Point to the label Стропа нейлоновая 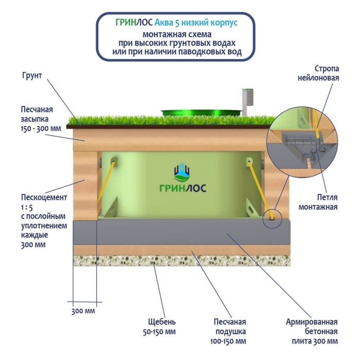pyautogui.click(x=319, y=73)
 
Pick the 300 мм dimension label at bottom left pyautogui.click(x=83, y=311)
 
